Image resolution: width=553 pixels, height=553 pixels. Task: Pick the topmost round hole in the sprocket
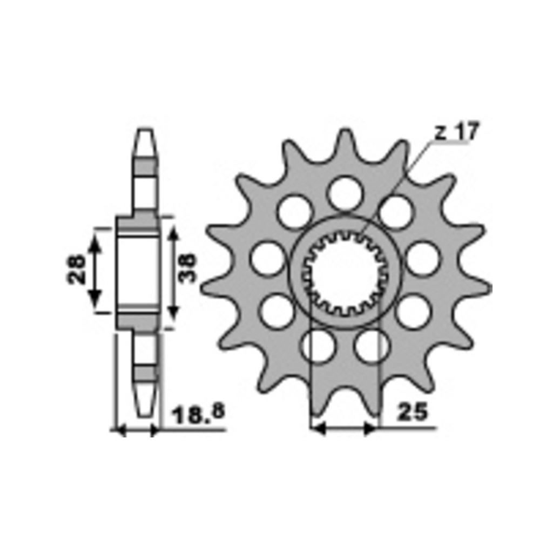tap(346, 193)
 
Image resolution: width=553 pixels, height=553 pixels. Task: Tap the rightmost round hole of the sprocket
tap(423, 259)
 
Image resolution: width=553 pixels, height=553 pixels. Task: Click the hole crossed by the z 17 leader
tap(396, 213)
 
